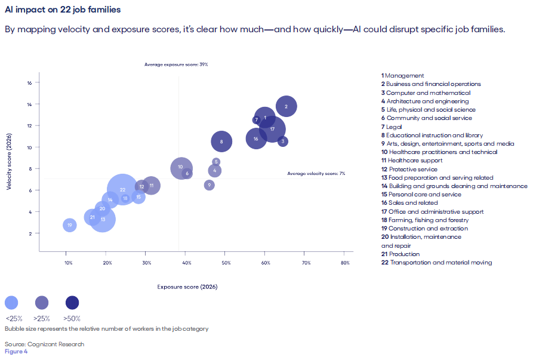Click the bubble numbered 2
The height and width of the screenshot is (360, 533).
click(x=286, y=107)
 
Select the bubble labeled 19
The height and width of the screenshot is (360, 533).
click(x=70, y=225)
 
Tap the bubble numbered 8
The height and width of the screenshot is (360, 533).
click(x=221, y=141)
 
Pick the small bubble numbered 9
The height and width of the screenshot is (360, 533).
click(x=209, y=185)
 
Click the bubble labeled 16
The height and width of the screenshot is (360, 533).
click(x=256, y=139)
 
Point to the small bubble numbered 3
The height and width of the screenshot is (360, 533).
click(x=283, y=141)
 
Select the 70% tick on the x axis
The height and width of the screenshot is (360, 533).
click(x=306, y=263)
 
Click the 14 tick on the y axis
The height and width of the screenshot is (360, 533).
click(x=29, y=104)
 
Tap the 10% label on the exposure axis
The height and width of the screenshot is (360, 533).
click(x=69, y=263)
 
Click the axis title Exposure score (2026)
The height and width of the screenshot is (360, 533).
click(x=187, y=287)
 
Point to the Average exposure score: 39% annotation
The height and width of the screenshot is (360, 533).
click(x=176, y=64)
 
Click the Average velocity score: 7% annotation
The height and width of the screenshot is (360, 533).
click(x=316, y=173)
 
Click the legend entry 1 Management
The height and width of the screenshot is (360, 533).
click(x=403, y=76)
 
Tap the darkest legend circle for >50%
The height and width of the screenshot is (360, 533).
click(x=72, y=303)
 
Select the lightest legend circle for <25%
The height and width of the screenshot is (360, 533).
click(x=11, y=303)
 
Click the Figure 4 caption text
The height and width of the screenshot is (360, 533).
click(x=16, y=351)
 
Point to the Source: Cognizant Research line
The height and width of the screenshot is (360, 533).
click(x=44, y=344)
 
